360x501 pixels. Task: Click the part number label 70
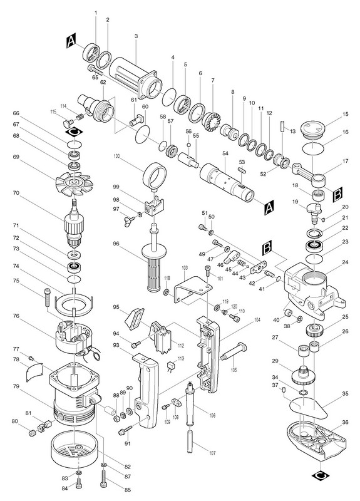pyautogui.click(x=16, y=193)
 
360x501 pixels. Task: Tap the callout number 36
pyautogui.click(x=345, y=422)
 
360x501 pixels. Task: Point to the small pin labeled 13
pyautogui.click(x=283, y=126)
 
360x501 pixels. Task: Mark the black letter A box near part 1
pyautogui.click(x=71, y=42)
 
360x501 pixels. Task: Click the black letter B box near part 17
pyautogui.click(x=337, y=195)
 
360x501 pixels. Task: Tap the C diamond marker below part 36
pyautogui.click(x=321, y=476)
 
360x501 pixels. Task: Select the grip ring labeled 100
pyautogui.click(x=155, y=175)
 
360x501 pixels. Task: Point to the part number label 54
pyautogui.click(x=225, y=153)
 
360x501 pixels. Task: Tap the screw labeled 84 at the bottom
pyautogui.click(x=79, y=485)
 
